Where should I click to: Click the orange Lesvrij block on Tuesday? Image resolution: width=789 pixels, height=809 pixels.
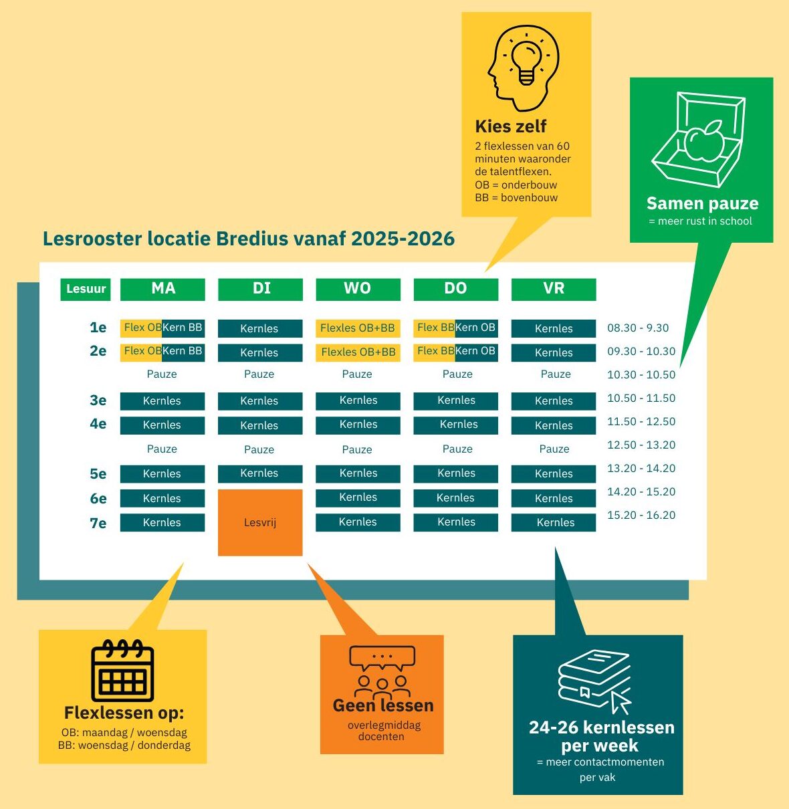tap(260, 522)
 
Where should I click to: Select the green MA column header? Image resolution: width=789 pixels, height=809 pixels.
tap(162, 289)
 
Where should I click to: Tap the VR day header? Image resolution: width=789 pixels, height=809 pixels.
tap(554, 289)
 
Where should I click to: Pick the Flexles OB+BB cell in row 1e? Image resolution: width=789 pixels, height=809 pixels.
tap(358, 328)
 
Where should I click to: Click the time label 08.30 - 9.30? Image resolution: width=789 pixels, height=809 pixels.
tap(638, 328)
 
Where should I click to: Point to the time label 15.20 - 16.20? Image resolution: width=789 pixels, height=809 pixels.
tap(641, 515)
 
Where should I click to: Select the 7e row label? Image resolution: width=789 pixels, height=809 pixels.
tap(98, 523)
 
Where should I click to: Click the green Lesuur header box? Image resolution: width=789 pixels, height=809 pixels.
tap(86, 289)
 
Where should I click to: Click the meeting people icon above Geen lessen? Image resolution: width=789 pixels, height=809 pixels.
tap(382, 672)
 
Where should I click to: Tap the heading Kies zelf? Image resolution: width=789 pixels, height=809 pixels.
tap(511, 126)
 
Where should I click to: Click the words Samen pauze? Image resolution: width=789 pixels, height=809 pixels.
tap(702, 203)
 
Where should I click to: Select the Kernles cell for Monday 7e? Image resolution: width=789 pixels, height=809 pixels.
tap(162, 522)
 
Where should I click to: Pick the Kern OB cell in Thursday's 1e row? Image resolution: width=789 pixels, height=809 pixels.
tap(476, 328)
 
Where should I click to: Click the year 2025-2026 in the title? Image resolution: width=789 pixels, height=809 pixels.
tap(403, 239)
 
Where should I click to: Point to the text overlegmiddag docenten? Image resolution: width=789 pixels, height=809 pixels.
tap(382, 731)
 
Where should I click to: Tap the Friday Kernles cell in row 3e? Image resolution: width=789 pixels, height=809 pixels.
tap(554, 400)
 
